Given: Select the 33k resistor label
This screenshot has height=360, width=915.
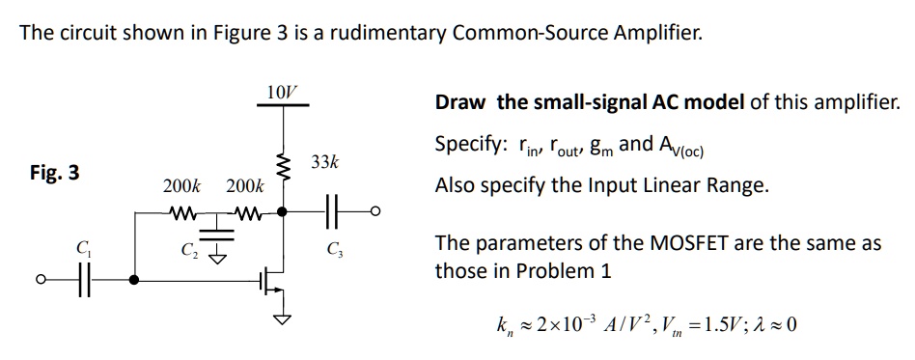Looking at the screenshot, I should point(325,161).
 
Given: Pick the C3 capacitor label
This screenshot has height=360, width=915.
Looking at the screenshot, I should point(335,256).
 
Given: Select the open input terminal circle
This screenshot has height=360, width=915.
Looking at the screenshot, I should point(42,281).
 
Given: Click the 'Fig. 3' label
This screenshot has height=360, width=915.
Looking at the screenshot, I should point(55,174).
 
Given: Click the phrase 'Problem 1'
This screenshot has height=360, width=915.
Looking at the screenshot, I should point(569,270).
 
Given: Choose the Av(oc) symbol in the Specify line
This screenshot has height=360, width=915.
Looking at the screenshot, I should point(682,147).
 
